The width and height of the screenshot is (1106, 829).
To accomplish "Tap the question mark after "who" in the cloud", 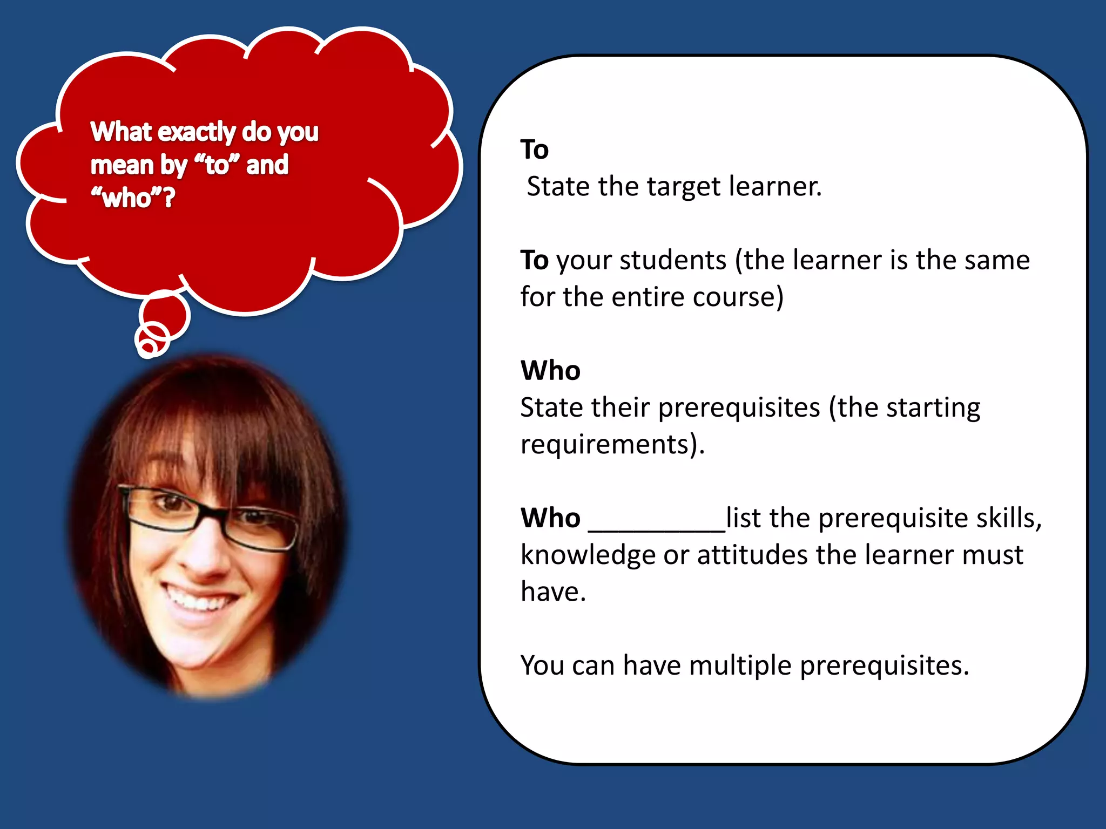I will (169, 198).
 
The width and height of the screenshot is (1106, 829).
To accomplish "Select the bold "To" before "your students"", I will (534, 260).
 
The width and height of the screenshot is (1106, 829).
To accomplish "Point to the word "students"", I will (673, 260).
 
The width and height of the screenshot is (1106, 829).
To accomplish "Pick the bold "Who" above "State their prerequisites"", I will (550, 371).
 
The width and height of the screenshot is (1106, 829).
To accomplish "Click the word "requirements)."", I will (612, 445).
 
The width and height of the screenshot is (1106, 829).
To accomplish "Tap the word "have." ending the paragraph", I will (553, 592).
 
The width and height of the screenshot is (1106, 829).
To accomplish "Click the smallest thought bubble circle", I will (147, 343).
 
